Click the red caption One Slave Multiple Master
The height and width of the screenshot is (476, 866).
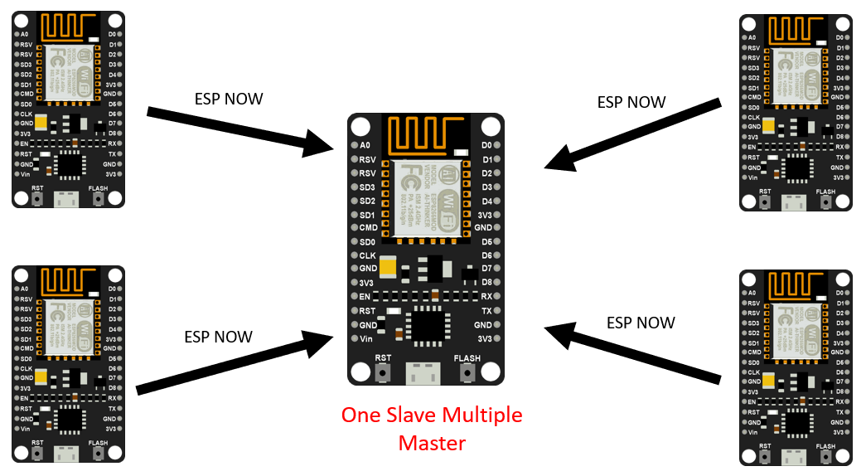click(432, 429)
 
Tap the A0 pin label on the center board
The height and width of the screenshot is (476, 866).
click(365, 144)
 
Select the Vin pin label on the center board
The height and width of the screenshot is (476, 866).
click(366, 338)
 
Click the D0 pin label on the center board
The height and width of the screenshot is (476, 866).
click(486, 144)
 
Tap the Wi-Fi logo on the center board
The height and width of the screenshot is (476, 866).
click(445, 197)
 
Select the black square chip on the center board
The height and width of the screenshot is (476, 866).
click(428, 324)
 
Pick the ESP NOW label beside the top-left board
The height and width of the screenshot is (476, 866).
click(229, 100)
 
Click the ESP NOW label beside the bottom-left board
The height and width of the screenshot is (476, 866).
click(218, 337)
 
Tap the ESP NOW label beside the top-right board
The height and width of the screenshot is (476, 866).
click(631, 103)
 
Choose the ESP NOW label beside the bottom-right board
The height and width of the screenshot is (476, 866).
click(641, 323)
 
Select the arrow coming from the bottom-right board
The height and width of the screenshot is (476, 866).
click(631, 356)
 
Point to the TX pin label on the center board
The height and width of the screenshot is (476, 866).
click(486, 310)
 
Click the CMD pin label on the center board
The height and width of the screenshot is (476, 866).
click(368, 227)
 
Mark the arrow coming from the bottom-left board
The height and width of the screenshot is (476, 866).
click(235, 364)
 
